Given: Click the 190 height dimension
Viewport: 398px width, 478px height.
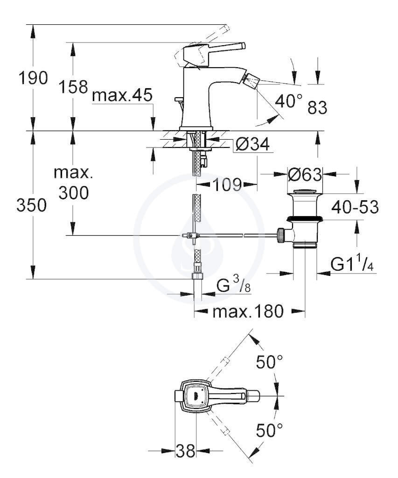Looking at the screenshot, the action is click(33, 78).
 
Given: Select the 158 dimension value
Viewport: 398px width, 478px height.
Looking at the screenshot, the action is click(73, 86).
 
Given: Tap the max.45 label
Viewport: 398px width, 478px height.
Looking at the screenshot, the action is click(122, 95).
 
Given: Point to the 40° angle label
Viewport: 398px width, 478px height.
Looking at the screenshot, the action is click(289, 101).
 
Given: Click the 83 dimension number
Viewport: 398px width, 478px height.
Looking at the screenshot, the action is click(317, 107).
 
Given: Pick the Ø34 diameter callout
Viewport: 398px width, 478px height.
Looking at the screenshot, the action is click(252, 144).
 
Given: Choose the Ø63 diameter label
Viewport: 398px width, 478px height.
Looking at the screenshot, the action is click(305, 175).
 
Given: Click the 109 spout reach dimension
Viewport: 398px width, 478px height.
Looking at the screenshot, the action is click(227, 184).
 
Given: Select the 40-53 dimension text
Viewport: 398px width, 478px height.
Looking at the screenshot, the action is click(355, 207).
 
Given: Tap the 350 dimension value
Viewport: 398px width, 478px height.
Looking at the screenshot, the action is click(31, 205).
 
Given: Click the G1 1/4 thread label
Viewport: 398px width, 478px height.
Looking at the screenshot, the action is click(352, 264).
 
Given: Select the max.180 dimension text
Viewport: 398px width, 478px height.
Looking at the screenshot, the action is click(248, 311).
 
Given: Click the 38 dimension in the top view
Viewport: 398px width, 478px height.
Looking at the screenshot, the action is click(186, 450).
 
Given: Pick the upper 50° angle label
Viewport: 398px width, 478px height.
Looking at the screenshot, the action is click(269, 362).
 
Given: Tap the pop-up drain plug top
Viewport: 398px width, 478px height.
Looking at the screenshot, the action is click(305, 192).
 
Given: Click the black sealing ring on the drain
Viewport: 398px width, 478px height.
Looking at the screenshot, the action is click(304, 218).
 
